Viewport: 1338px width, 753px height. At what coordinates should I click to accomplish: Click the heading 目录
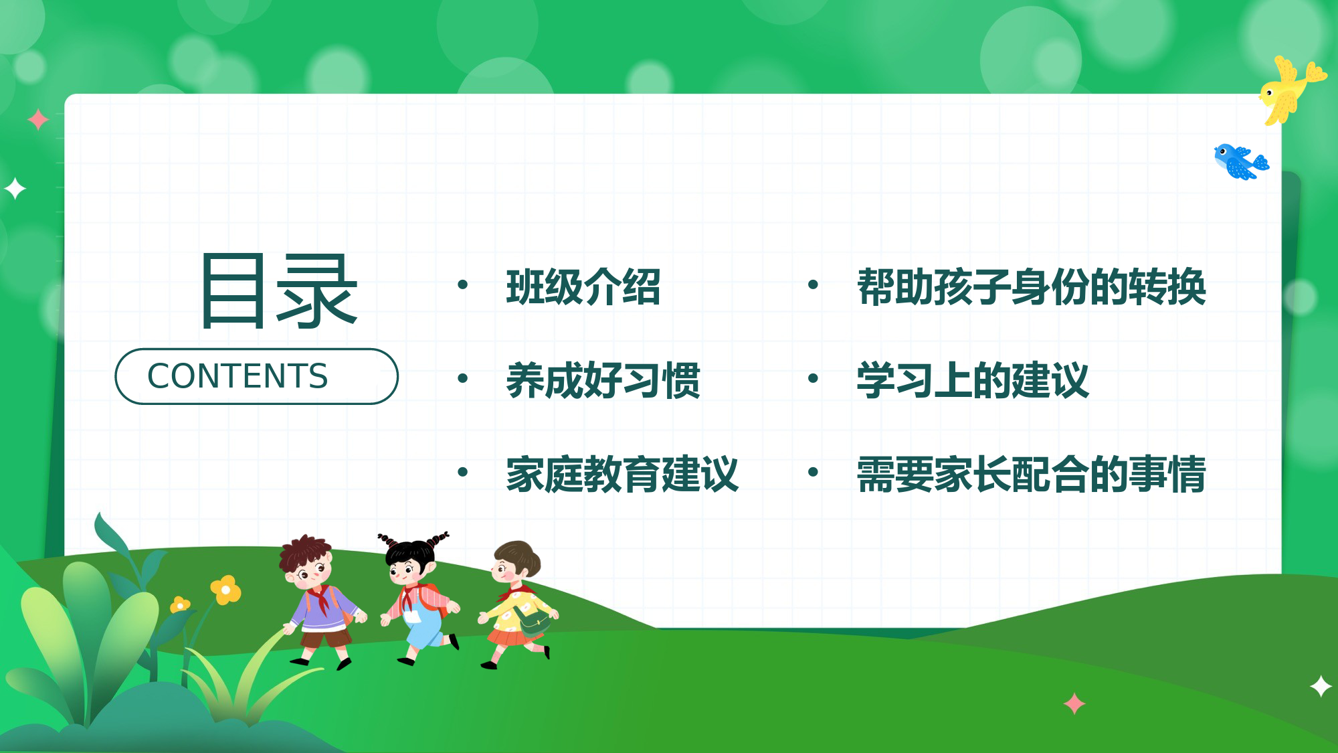click(279, 291)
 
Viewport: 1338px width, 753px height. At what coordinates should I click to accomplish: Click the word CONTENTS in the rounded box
click(237, 376)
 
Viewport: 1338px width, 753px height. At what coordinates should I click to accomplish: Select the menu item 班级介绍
click(583, 287)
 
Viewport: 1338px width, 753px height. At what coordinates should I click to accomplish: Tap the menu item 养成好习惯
click(603, 381)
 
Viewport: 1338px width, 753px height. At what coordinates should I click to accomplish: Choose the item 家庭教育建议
click(622, 475)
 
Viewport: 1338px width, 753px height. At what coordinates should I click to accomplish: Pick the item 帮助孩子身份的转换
click(1031, 287)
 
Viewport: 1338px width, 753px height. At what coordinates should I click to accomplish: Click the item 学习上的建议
click(973, 381)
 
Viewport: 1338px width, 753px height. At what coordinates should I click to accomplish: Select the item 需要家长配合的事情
click(1031, 475)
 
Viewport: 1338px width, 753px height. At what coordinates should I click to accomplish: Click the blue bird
click(1239, 161)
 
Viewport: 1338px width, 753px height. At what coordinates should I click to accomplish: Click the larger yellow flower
click(225, 590)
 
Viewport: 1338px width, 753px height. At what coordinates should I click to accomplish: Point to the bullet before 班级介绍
click(462, 284)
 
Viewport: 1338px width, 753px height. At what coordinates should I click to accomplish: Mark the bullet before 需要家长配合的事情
click(813, 472)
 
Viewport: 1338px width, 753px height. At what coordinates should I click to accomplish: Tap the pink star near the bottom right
click(1074, 703)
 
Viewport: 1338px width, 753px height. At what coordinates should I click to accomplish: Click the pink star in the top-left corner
click(38, 120)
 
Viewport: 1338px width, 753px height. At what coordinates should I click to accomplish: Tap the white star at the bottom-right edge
click(1321, 687)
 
